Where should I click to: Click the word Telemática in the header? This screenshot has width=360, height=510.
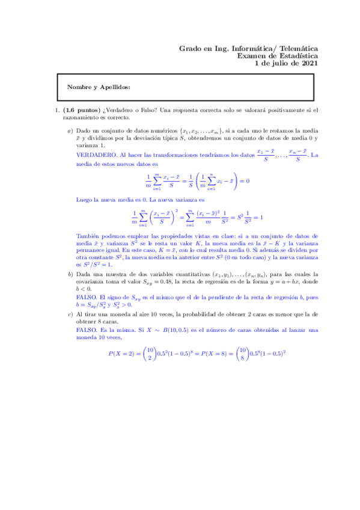[x=296, y=48]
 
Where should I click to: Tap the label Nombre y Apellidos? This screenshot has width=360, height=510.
[x=99, y=87]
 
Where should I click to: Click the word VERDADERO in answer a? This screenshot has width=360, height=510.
[x=97, y=155]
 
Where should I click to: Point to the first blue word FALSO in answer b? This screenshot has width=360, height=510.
[x=87, y=297]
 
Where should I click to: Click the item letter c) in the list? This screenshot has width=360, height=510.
[x=70, y=314]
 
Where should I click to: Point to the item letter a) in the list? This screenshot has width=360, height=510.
[x=70, y=131]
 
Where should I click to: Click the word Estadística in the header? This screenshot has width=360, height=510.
[x=297, y=55]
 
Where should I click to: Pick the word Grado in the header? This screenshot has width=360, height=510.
[x=192, y=48]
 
